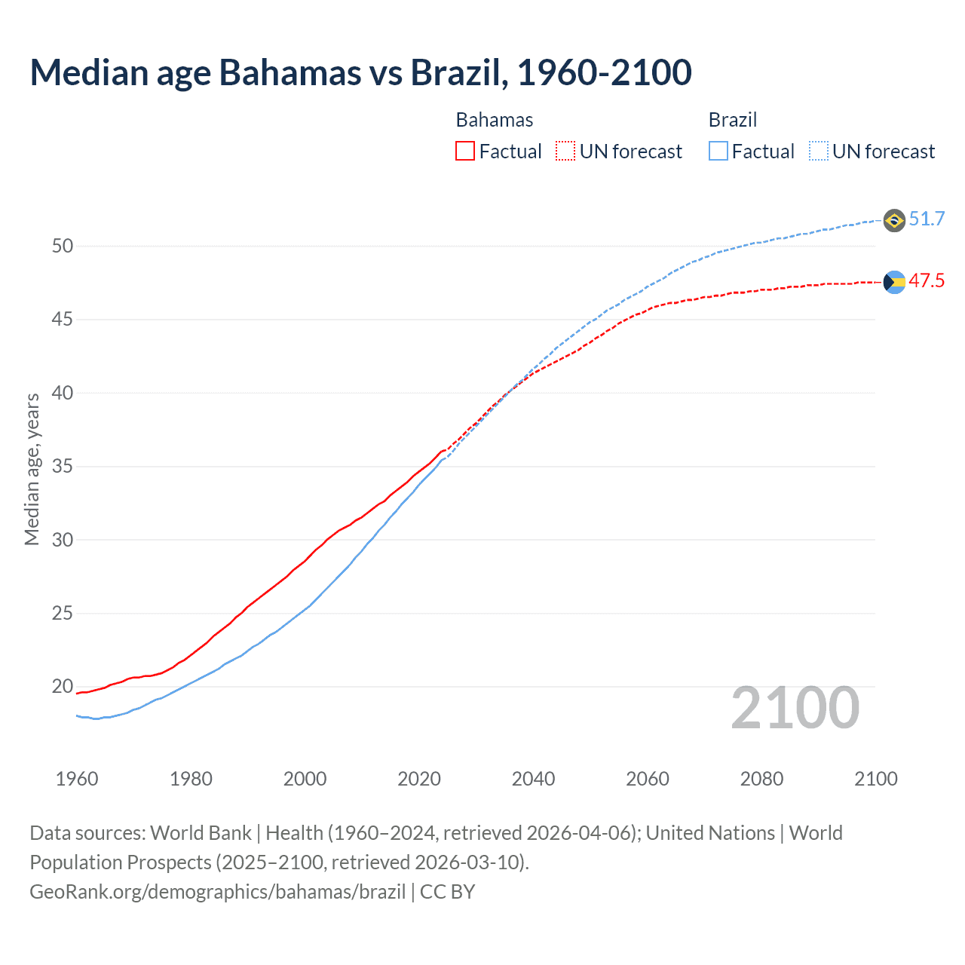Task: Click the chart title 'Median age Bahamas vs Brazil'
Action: click(x=360, y=72)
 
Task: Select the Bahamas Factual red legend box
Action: click(x=465, y=151)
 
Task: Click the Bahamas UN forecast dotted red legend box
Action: click(x=565, y=151)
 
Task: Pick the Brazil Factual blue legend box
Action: click(x=718, y=151)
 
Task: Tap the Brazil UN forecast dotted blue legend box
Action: click(x=818, y=151)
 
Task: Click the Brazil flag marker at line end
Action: click(x=894, y=220)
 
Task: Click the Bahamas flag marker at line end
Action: click(x=894, y=282)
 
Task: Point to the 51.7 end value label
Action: click(x=927, y=219)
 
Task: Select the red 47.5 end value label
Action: click(x=927, y=280)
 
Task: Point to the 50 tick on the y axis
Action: click(x=63, y=246)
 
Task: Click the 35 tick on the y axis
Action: click(x=63, y=466)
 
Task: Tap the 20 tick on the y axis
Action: click(x=63, y=686)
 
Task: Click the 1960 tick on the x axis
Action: click(x=77, y=779)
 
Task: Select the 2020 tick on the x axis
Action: click(x=419, y=779)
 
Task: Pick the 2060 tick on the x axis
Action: click(x=648, y=779)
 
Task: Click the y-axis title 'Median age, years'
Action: click(x=32, y=469)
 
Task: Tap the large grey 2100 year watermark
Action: click(x=795, y=707)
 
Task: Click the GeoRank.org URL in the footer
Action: click(x=218, y=891)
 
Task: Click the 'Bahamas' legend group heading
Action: click(x=495, y=120)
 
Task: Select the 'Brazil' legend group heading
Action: click(x=732, y=120)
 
